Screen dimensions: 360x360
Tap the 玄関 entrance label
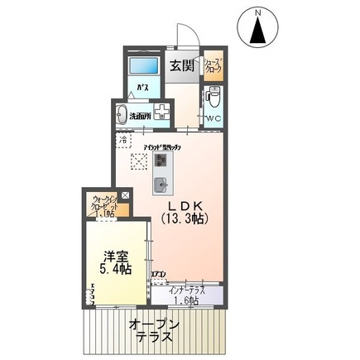tap(181, 63)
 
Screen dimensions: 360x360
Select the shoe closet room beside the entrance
tap(213, 66)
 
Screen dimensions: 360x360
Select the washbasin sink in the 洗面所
tap(123, 115)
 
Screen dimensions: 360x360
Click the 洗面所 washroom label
tap(140, 116)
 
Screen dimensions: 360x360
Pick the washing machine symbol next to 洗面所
tap(161, 114)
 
